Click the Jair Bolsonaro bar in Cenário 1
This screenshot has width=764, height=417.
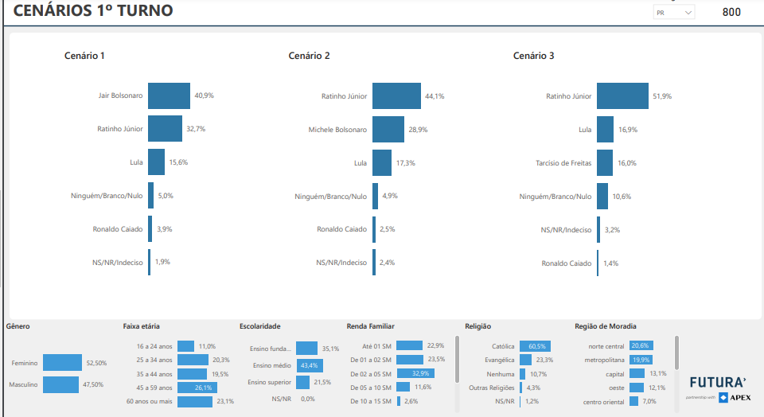click(169, 95)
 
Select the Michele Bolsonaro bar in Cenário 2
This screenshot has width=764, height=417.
click(388, 129)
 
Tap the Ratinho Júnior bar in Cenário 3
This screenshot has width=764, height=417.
click(622, 95)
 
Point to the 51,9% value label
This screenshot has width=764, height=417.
click(662, 96)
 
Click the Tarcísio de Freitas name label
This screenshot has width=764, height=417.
click(563, 163)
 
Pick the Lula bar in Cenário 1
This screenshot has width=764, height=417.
click(156, 162)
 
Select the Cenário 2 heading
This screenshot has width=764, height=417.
click(309, 56)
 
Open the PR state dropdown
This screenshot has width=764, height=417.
click(673, 13)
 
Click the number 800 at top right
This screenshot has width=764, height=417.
click(731, 12)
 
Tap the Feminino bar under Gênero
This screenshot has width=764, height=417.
click(62, 363)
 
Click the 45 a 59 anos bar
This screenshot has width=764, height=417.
click(197, 388)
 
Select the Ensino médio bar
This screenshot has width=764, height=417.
click(310, 365)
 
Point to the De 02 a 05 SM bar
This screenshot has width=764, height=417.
click(415, 373)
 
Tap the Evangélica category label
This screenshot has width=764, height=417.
click(499, 360)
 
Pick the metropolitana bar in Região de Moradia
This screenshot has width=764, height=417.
click(640, 360)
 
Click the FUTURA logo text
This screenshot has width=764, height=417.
click(717, 381)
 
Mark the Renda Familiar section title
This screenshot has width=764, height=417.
click(370, 326)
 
